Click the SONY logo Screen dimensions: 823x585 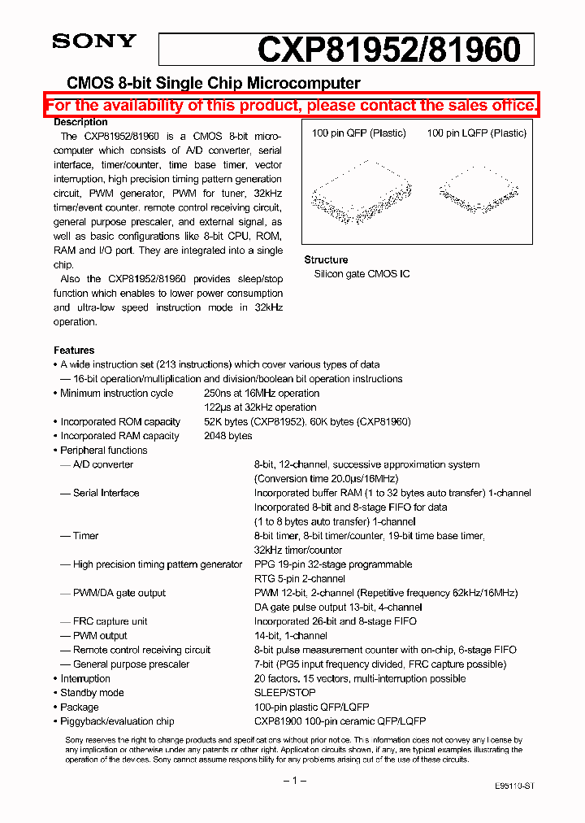[x=94, y=42]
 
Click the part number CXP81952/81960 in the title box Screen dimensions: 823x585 [x=388, y=50]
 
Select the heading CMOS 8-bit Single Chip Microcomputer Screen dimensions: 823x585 [x=213, y=83]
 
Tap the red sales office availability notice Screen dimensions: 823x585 [x=292, y=106]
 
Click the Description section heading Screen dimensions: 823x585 [x=80, y=122]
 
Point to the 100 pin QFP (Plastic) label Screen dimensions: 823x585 [x=358, y=133]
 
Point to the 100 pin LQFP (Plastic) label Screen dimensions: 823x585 [x=476, y=133]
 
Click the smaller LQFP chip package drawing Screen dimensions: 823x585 [x=479, y=189]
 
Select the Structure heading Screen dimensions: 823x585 [x=326, y=259]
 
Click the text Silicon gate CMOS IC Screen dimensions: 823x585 [x=362, y=274]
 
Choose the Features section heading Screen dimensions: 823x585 [x=74, y=351]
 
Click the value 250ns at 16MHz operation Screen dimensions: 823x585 [x=261, y=394]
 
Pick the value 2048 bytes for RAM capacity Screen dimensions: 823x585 [x=227, y=436]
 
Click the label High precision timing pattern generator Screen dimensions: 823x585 [x=157, y=564]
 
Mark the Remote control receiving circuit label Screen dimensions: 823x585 [x=141, y=650]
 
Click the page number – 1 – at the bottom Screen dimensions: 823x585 [x=293, y=781]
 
